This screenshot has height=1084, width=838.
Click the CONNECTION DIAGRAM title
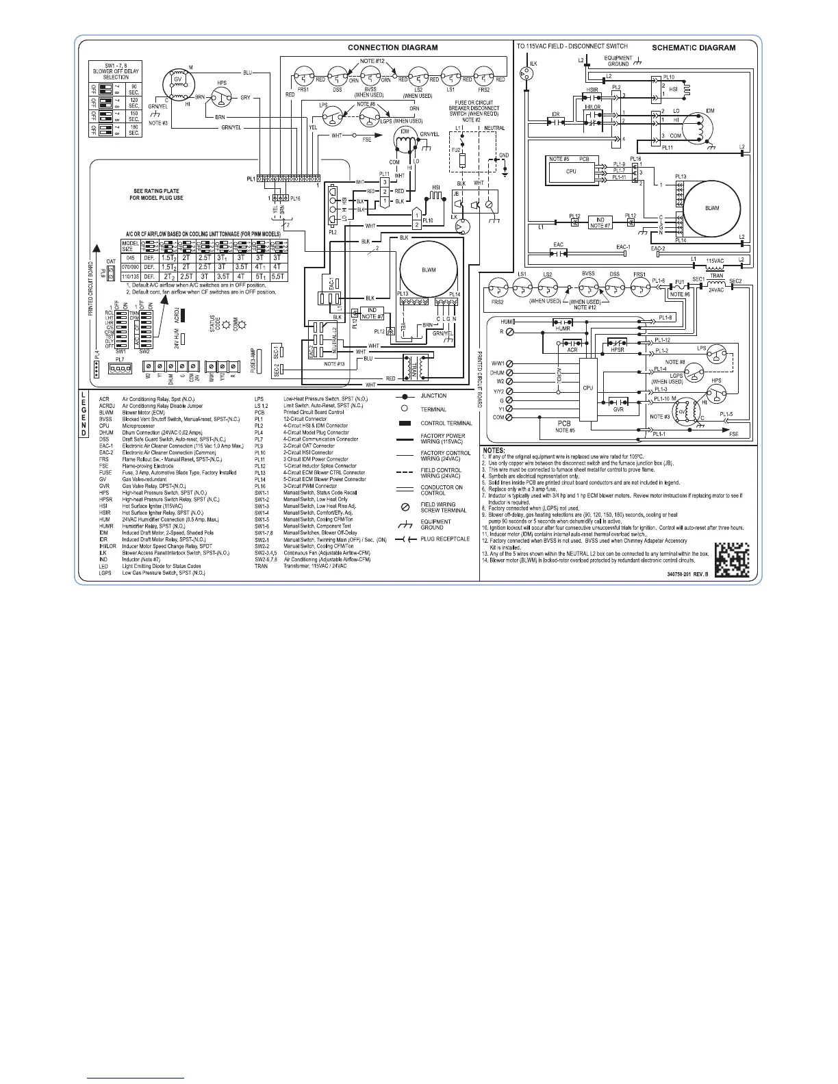[x=392, y=48]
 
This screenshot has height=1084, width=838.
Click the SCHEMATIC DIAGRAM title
[x=693, y=48]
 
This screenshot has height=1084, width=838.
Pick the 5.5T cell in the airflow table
[x=278, y=276]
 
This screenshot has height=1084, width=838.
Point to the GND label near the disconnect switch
[x=504, y=155]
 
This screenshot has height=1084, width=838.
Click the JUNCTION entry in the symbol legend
[x=433, y=396]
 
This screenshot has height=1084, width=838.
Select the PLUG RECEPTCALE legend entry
[x=444, y=539]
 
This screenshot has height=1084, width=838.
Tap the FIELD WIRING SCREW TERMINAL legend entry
[x=438, y=508]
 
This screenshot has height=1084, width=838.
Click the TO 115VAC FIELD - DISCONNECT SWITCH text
[x=572, y=46]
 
